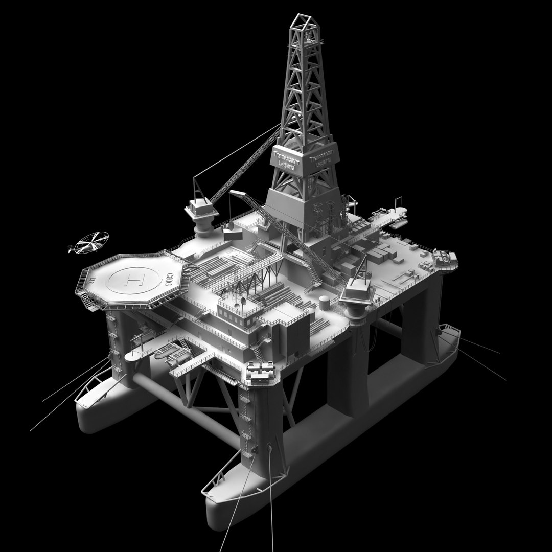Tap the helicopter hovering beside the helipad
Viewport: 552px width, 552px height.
[x=90, y=242]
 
